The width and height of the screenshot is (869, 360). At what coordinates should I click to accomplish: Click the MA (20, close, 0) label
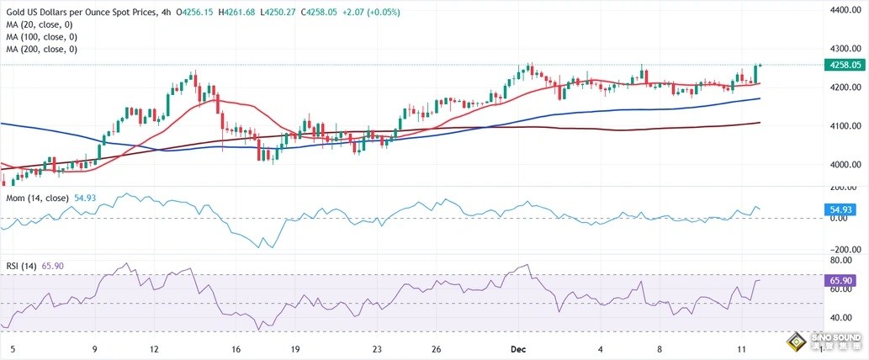[41, 25]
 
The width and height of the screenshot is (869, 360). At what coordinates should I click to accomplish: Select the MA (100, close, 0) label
[44, 37]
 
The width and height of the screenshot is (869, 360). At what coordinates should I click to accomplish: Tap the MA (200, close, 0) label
[44, 49]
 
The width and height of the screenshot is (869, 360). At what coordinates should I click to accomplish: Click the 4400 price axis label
[845, 10]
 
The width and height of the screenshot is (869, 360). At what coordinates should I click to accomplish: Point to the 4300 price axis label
[845, 49]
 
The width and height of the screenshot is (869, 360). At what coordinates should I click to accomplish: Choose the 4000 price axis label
[845, 165]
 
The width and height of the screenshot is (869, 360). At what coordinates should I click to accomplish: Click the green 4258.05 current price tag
[845, 64]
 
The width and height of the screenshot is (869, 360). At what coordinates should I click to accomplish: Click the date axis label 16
[236, 348]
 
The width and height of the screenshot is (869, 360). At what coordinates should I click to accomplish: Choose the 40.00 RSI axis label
[844, 317]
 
